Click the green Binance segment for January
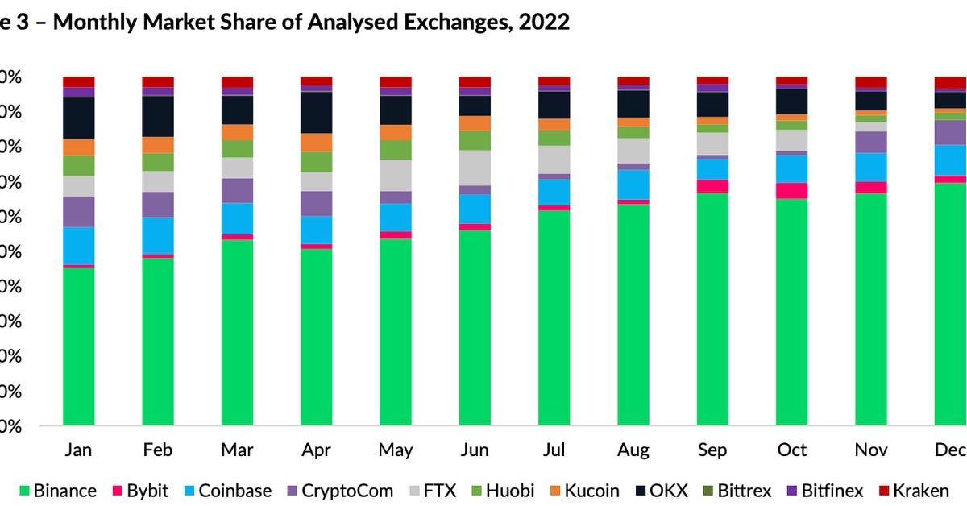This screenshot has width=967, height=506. tap(79, 346)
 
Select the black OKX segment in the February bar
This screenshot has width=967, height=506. tap(158, 116)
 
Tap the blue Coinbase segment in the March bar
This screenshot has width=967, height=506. tap(237, 218)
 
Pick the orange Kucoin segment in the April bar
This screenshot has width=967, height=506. tap(316, 143)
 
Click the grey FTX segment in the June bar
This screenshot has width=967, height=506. tap(475, 168)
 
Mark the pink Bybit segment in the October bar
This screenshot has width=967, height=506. tap(791, 190)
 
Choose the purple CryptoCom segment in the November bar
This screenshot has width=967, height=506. tap(870, 142)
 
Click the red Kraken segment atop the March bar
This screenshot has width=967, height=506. tap(237, 82)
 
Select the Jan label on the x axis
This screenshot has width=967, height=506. tap(79, 450)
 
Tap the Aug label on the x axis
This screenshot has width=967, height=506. tap(633, 450)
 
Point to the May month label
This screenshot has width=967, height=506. tap(395, 450)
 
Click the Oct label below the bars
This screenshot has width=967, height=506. tap(791, 450)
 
